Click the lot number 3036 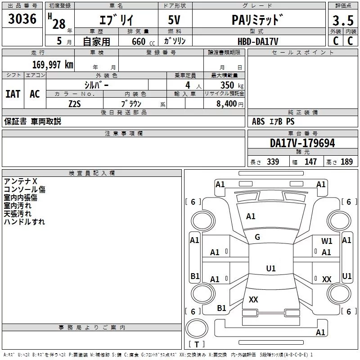[22, 19]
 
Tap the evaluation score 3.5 [343, 20]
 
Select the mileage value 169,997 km [53, 64]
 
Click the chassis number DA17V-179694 [302, 143]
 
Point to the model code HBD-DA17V [258, 41]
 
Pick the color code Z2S [75, 104]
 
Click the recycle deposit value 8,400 [227, 104]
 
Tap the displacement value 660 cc [143, 42]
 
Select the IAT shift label [13, 94]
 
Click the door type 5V [174, 20]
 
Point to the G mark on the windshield [257, 237]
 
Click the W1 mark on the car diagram [327, 241]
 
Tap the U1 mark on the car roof [271, 268]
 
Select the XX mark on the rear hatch [253, 299]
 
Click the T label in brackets [197, 344]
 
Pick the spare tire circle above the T [197, 328]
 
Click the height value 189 [346, 162]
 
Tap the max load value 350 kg [232, 85]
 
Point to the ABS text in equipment [258, 121]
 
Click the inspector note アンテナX [20, 181]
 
